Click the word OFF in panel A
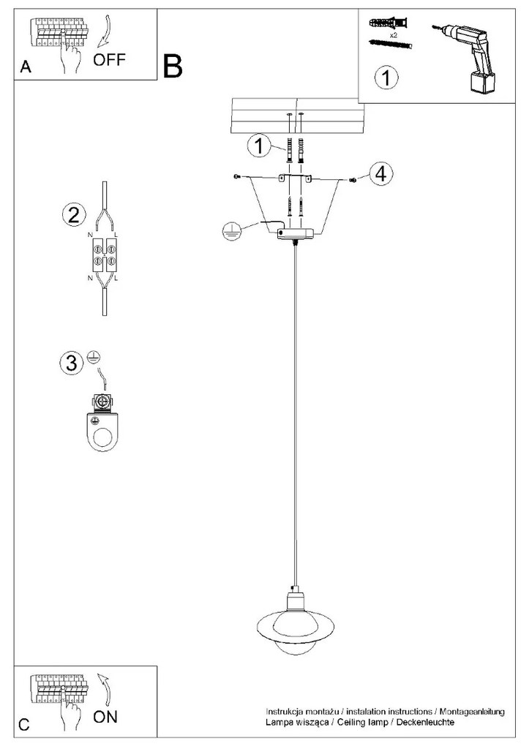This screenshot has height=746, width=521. (x=109, y=60)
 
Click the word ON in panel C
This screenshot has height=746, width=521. (x=105, y=717)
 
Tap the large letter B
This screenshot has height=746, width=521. (x=172, y=66)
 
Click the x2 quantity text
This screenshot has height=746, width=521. (x=393, y=35)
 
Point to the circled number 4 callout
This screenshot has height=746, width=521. (x=381, y=173)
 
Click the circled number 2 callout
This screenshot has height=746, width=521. (x=74, y=215)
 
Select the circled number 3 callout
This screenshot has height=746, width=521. (x=71, y=363)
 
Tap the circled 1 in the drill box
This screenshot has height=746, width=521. (x=386, y=78)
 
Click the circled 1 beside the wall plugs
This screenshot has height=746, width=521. (x=259, y=145)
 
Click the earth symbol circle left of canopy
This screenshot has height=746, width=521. (x=230, y=230)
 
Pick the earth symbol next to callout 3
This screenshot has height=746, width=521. (x=94, y=358)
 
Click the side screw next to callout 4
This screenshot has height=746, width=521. (x=353, y=180)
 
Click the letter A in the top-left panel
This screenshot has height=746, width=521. (x=26, y=67)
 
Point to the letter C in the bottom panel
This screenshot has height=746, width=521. (x=24, y=725)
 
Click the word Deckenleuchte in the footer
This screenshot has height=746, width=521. (x=425, y=722)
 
